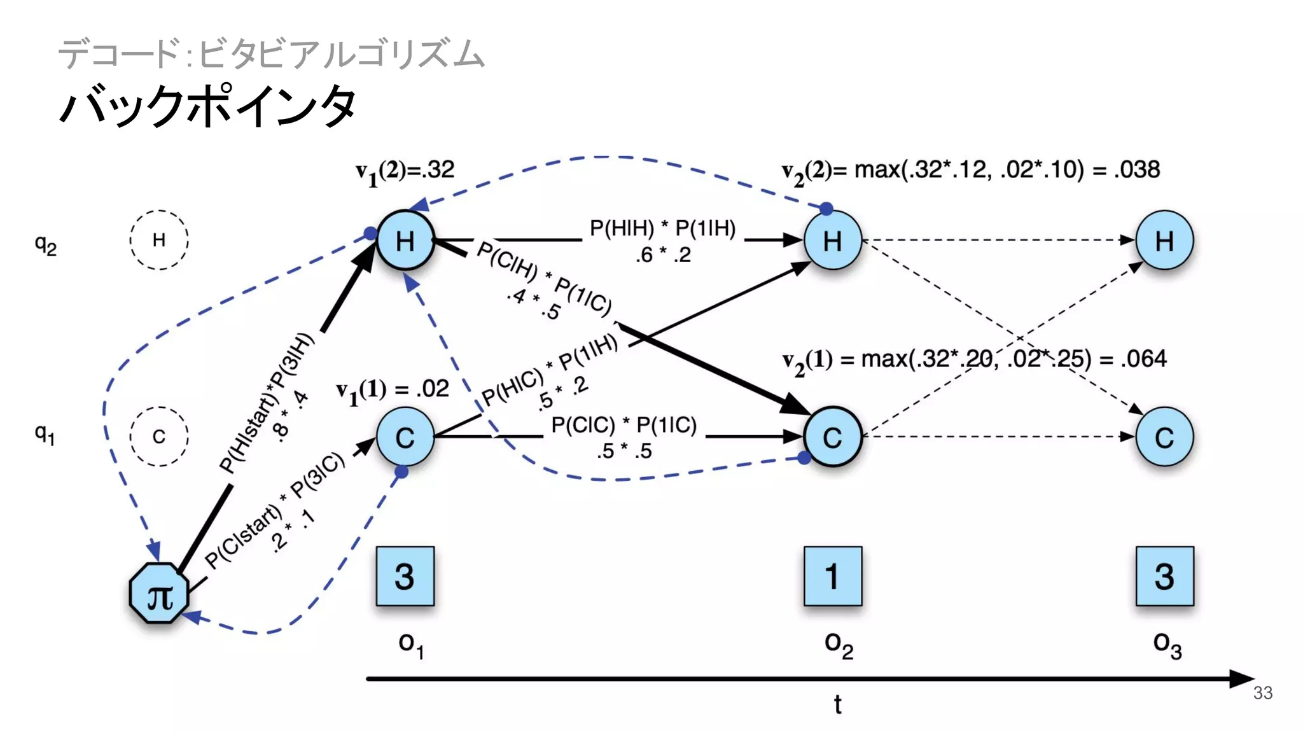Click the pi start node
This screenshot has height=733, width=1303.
point(159,593)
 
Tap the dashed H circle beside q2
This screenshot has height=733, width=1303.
point(159,240)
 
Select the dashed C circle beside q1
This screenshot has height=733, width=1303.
point(159,436)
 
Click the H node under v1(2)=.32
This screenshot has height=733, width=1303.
point(405,241)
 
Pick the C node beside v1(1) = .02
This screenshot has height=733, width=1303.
point(405,437)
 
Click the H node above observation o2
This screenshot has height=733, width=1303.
point(832,241)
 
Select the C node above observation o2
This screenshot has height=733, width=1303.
point(832,437)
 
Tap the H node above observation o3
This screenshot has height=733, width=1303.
point(1164,241)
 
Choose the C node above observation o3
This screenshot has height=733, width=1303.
point(1164,437)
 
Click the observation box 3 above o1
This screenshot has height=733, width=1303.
point(405,576)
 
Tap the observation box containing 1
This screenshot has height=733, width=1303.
point(832,576)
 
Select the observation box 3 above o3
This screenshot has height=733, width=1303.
point(1164,576)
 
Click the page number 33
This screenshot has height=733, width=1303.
point(1262,693)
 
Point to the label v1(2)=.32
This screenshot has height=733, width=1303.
point(405,171)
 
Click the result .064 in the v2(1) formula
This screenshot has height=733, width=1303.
point(1143,359)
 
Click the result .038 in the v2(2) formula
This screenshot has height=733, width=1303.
point(1136,169)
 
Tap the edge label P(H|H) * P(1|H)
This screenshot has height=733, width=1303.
point(662,228)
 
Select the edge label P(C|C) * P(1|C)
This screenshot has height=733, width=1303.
point(624,425)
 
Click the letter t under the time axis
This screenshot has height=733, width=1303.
point(837,705)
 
